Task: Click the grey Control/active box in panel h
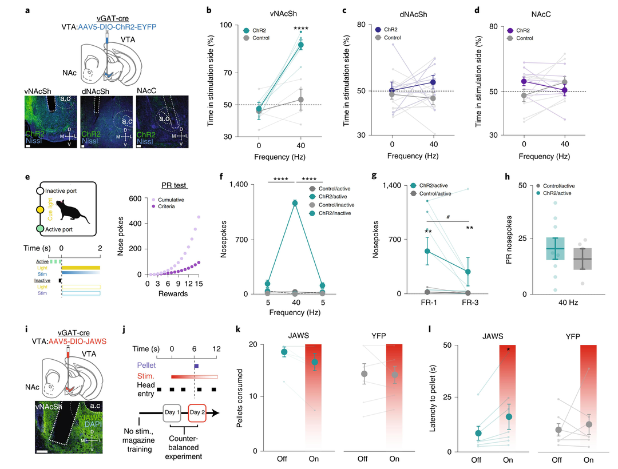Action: tap(582, 259)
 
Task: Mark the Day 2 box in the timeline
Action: tap(200, 411)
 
